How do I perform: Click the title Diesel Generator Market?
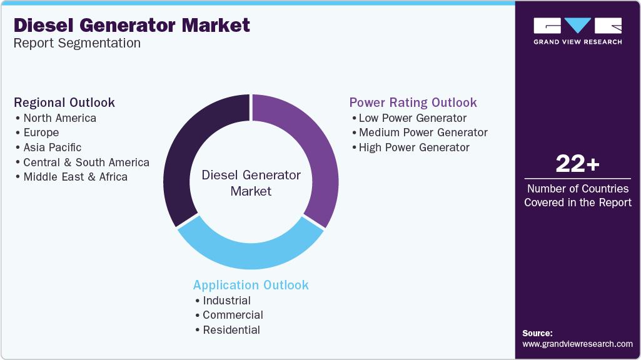point(131,26)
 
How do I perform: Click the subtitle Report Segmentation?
point(77,43)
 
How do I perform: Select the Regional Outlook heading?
point(64,102)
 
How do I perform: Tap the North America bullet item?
point(59,118)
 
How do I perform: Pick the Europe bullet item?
point(41,132)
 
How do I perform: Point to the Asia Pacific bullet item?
point(53,147)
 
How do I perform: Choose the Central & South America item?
point(86,162)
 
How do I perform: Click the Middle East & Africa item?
point(75,177)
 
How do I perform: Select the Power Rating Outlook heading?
point(413,102)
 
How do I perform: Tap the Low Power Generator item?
point(413,118)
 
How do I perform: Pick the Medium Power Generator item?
point(423,132)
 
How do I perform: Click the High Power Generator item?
point(414,147)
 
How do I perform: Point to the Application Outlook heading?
point(251,285)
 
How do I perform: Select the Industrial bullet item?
point(226,301)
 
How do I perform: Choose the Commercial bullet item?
point(233,315)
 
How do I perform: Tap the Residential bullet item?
point(231,330)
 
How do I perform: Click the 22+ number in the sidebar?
point(577,164)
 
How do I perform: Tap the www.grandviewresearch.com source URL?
point(577,344)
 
